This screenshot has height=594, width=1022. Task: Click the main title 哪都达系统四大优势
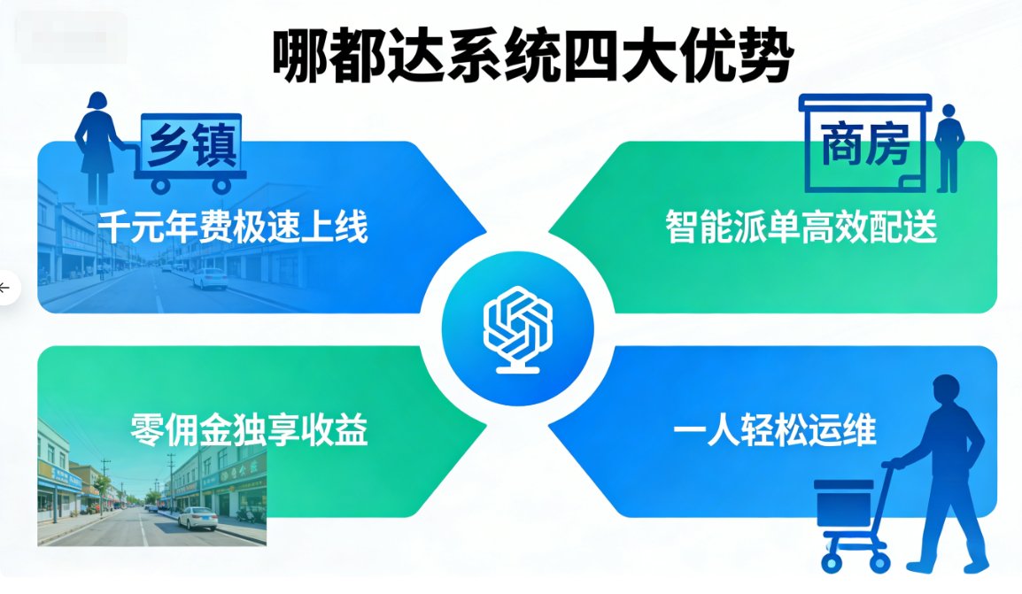(x=532, y=56)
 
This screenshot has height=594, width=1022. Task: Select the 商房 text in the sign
(x=864, y=144)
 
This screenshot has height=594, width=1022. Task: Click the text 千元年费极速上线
(x=233, y=227)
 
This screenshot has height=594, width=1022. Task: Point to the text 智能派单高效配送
(x=801, y=227)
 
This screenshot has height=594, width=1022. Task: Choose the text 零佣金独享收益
(x=249, y=430)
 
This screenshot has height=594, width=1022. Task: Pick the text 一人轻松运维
(x=774, y=430)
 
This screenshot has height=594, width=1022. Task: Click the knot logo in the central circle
(x=518, y=329)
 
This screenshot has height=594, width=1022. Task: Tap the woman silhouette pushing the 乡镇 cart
(x=97, y=147)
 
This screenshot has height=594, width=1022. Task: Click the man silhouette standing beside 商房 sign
(x=949, y=148)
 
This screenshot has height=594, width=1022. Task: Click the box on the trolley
(x=843, y=504)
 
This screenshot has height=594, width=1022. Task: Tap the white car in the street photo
(x=198, y=519)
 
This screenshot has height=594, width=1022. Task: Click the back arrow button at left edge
(x=5, y=287)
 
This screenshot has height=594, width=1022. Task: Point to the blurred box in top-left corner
(x=72, y=37)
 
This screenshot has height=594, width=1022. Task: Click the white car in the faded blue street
(x=210, y=279)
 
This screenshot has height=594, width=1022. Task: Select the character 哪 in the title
(x=299, y=57)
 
